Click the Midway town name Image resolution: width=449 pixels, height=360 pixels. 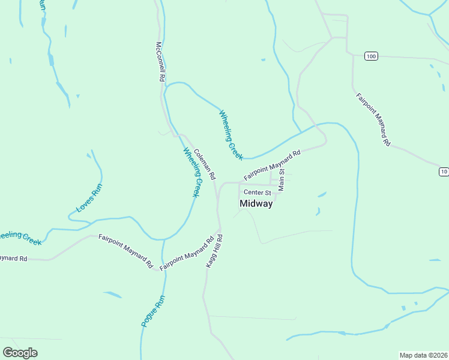pos(256,203)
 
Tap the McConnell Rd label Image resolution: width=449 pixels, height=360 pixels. pos(160,61)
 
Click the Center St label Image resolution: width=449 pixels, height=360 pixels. pos(258,193)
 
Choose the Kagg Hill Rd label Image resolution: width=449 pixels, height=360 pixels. pos(214,251)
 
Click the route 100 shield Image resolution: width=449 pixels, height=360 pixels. pos(371,56)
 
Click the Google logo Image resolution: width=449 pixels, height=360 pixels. pos(20,353)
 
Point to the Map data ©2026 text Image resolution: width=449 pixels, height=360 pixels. pos(423,355)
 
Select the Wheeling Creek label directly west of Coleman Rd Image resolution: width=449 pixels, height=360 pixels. pos(191,172)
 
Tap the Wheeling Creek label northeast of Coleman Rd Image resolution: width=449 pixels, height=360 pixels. pos(231,134)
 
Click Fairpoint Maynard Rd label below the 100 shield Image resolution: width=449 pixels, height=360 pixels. pos(373,119)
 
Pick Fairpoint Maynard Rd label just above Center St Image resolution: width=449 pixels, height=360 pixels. pos(272,165)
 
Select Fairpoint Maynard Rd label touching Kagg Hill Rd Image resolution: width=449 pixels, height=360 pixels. pos(187,253)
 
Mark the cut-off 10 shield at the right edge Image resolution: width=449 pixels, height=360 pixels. pos(444,172)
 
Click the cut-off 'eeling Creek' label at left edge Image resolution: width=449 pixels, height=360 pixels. pos(20,238)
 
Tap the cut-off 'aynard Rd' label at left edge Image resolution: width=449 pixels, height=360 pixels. pos(13,259)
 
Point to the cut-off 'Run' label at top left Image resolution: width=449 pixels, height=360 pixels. pos(42,5)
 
